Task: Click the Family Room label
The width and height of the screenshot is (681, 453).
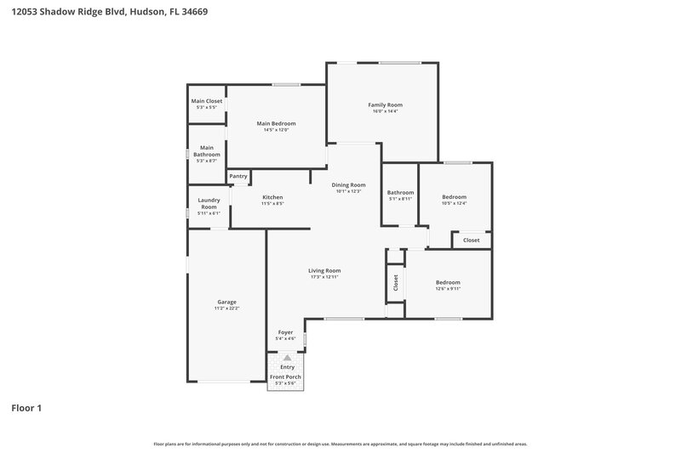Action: (385, 105)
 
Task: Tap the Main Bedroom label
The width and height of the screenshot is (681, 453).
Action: (276, 123)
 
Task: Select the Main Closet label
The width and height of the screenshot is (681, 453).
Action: (206, 101)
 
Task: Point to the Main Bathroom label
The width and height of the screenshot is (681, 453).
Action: (206, 150)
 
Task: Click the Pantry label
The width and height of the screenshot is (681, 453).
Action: (238, 176)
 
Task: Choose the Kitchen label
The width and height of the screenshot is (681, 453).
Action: (272, 197)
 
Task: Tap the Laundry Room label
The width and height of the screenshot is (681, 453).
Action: (209, 204)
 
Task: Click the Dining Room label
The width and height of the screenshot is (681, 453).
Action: (348, 184)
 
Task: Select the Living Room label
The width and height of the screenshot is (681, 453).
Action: (324, 270)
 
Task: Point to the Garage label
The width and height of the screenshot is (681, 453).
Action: (226, 302)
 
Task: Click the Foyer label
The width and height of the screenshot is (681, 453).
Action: (285, 332)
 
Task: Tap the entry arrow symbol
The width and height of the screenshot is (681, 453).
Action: (287, 358)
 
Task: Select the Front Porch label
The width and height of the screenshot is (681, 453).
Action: (285, 377)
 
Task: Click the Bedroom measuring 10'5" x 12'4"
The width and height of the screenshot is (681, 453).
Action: (454, 196)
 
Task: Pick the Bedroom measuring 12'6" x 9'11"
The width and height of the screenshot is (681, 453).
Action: (448, 282)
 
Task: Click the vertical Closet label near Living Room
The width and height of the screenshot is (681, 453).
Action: (396, 282)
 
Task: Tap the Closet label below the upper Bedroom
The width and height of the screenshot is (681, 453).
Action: (471, 240)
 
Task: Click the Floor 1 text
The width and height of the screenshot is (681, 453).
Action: (26, 408)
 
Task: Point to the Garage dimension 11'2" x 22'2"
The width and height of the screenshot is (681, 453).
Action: (226, 309)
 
